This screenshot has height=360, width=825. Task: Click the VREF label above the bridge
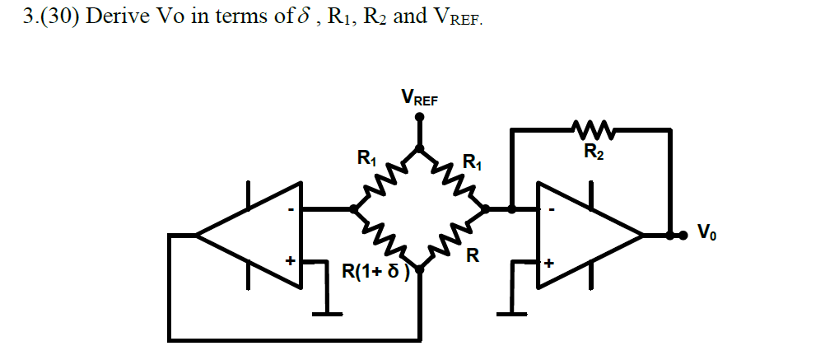(419, 99)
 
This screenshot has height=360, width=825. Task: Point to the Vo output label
(706, 234)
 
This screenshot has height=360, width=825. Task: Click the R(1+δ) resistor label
(375, 270)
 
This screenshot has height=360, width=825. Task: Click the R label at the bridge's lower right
(472, 255)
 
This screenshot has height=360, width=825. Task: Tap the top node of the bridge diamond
(419, 149)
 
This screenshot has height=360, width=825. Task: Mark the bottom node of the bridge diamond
(419, 269)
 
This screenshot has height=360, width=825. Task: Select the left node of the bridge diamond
(355, 209)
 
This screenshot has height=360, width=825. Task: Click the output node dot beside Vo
(682, 235)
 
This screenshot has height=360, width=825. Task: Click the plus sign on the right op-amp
(548, 264)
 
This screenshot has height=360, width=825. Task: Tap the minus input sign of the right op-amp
(552, 211)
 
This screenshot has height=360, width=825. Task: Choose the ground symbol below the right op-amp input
(512, 312)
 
